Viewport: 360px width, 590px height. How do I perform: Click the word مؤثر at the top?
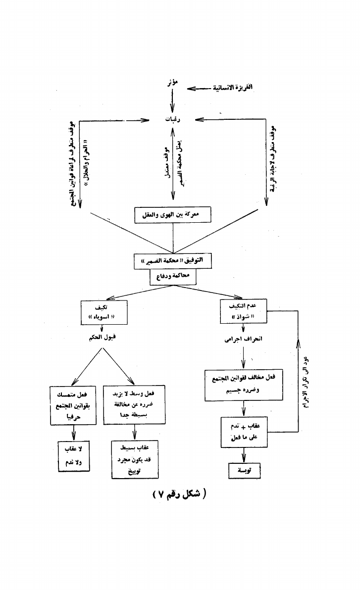(172, 82)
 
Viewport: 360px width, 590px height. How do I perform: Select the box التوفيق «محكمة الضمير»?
(173, 261)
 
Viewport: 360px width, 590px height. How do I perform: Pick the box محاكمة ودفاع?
(173, 278)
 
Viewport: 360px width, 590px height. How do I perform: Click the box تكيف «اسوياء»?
(102, 312)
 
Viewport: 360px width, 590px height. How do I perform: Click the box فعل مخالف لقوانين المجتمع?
(243, 385)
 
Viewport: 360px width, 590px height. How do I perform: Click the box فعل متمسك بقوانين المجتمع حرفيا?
(73, 405)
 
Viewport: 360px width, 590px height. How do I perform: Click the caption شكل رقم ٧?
(180, 495)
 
